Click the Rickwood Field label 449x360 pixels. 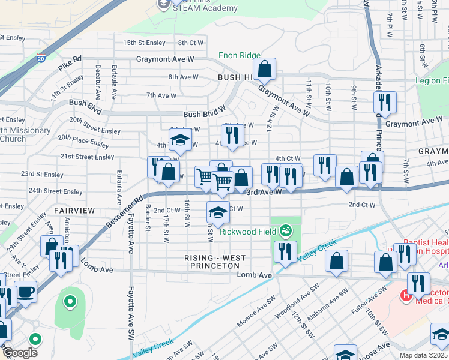coord(247,232)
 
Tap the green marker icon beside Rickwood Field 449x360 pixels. coord(286,230)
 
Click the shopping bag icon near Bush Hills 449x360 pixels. coord(264,71)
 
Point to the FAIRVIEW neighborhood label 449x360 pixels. coord(74,211)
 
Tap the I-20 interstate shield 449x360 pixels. coord(40,59)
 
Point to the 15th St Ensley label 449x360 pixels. coord(144,43)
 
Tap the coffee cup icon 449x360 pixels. coord(25,292)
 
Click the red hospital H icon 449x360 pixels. coord(406,295)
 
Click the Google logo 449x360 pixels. coord(20,353)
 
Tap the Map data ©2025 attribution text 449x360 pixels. coord(424,355)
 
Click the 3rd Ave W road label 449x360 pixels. coord(264,191)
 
